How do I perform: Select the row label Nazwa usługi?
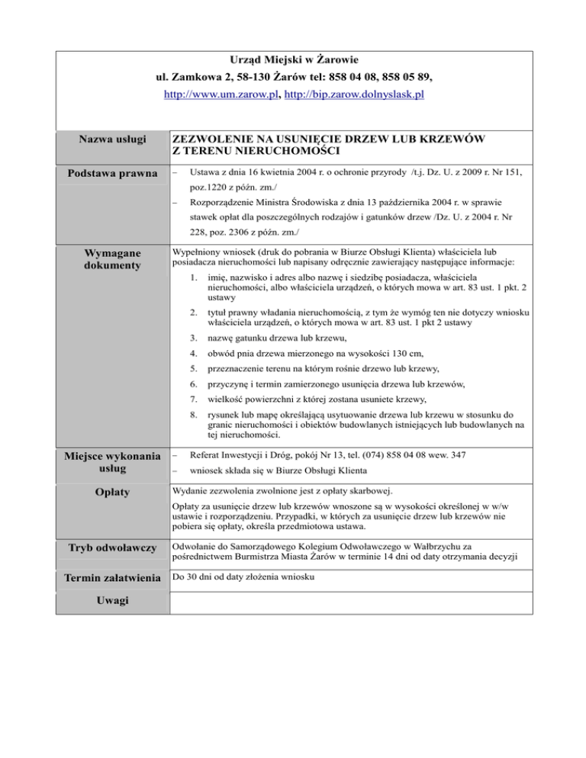[111, 140]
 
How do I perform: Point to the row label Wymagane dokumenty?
[112, 259]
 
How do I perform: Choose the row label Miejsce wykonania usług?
[111, 464]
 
